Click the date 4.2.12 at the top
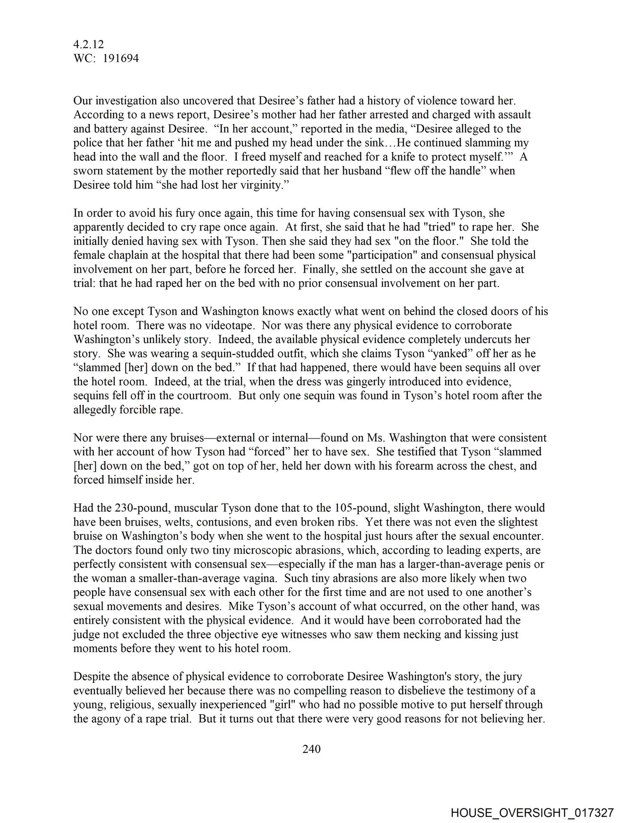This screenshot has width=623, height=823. pyautogui.click(x=89, y=44)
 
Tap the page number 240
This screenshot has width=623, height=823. pyautogui.click(x=311, y=749)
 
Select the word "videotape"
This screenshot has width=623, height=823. pyautogui.click(x=232, y=325)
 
